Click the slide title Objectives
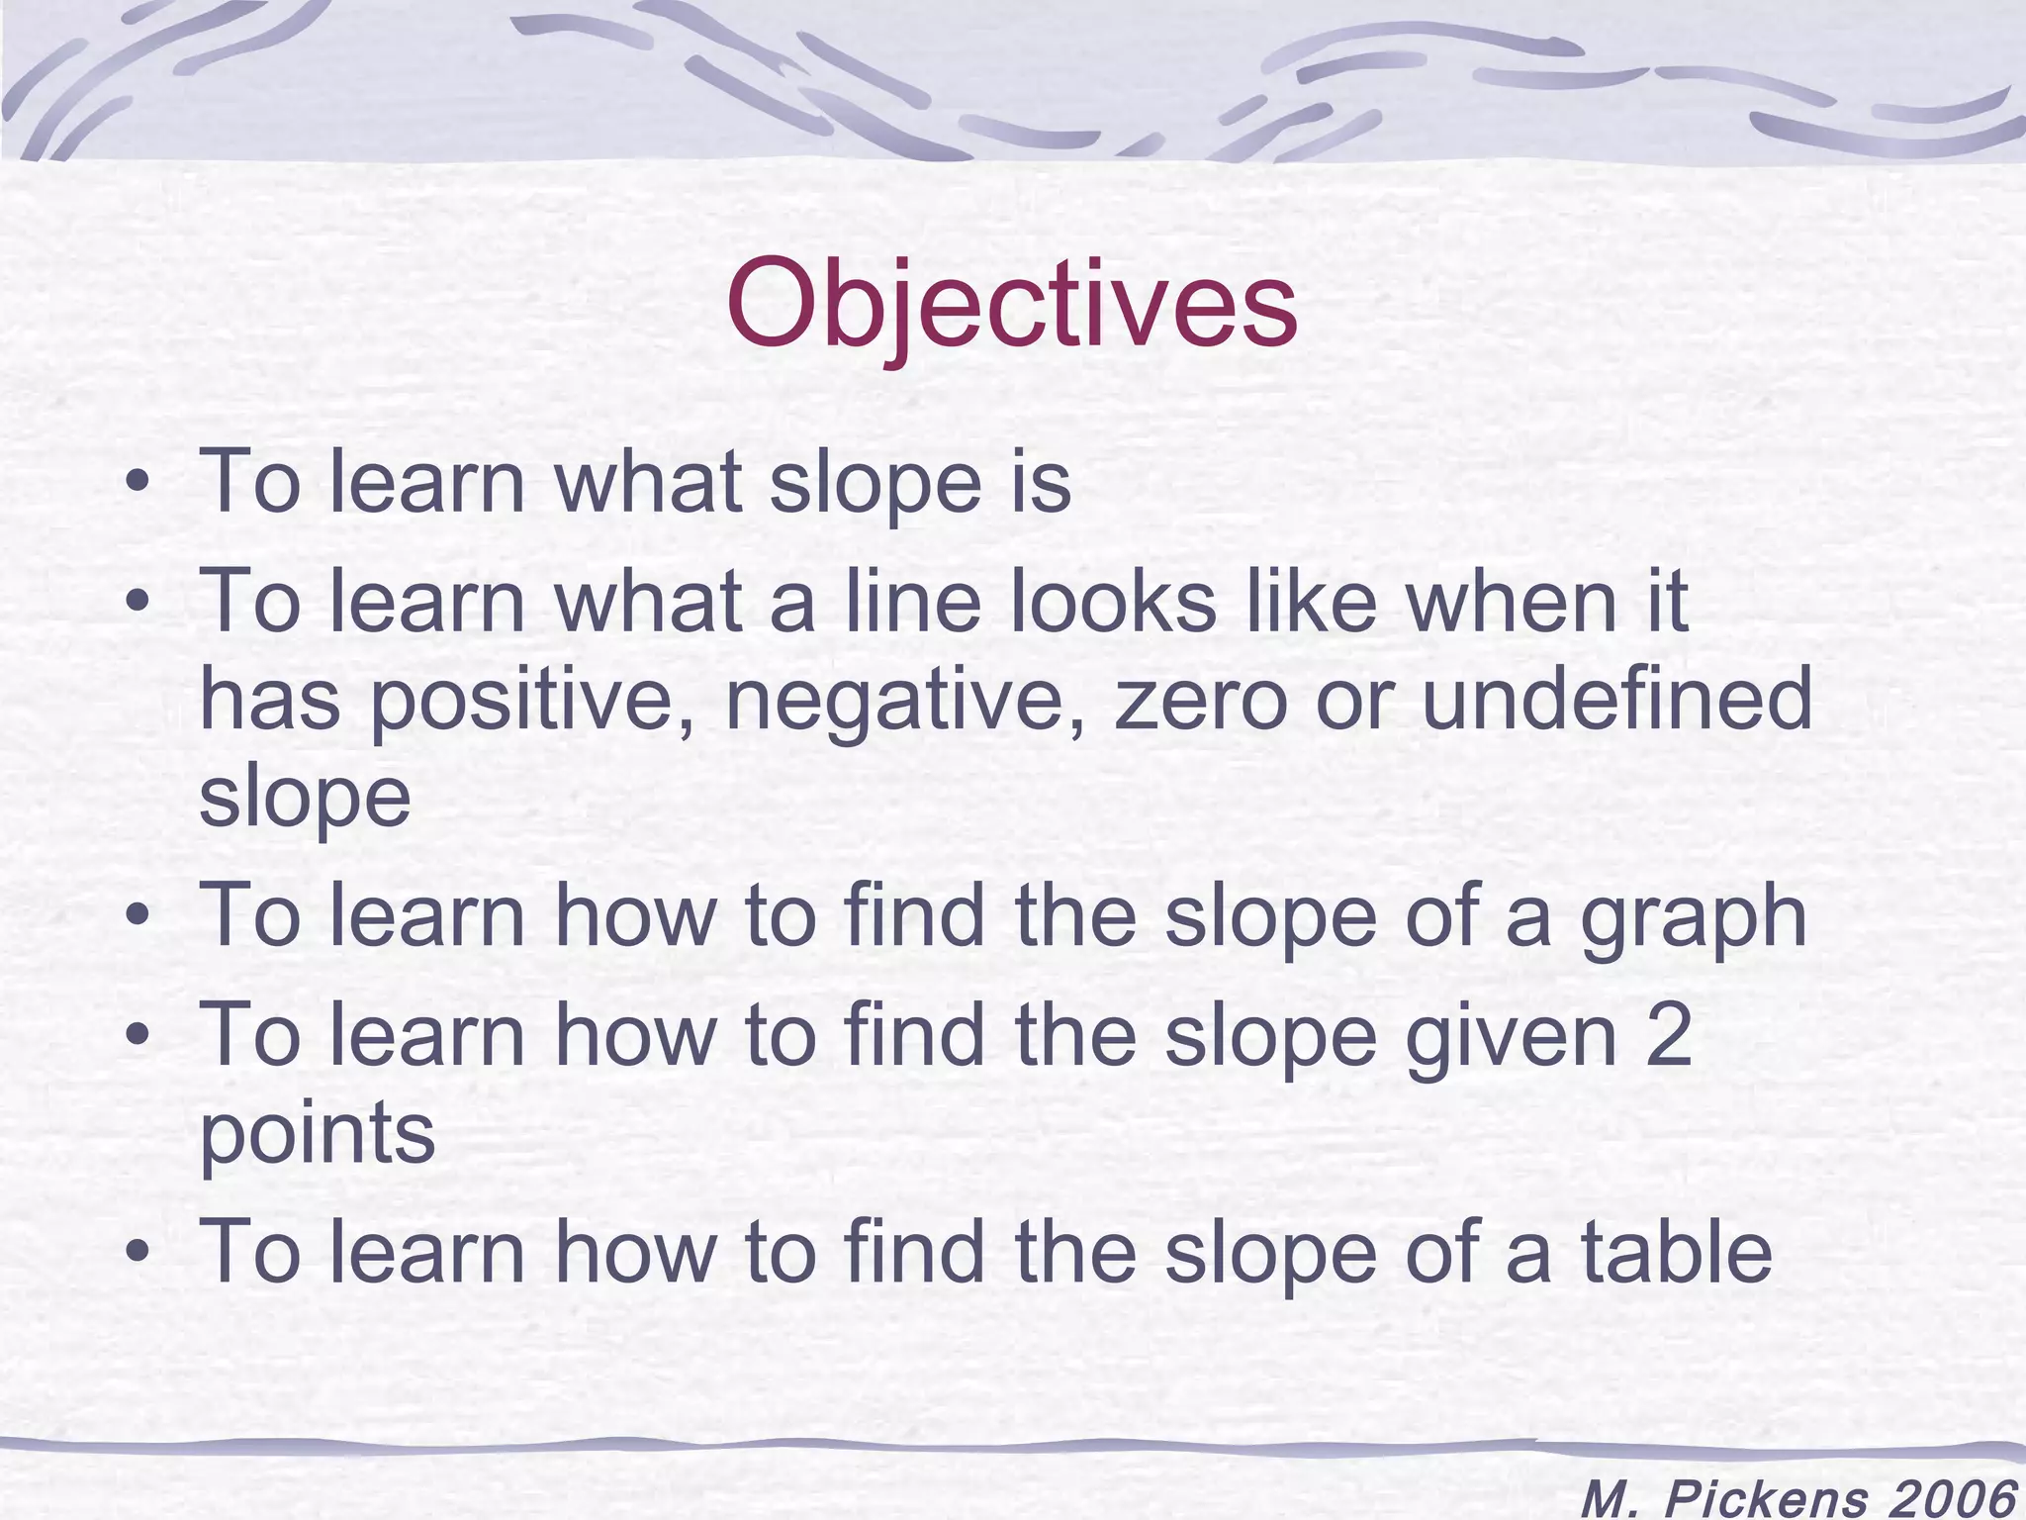coord(1011,304)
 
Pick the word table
coord(1676,1251)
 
